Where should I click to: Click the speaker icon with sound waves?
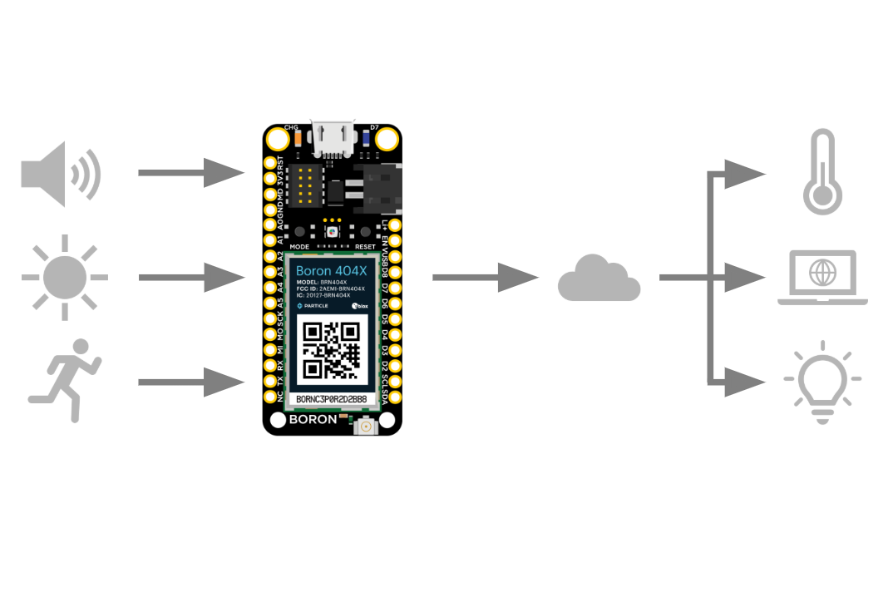(x=60, y=175)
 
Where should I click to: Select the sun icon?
(x=65, y=277)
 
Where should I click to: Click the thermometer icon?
(x=821, y=172)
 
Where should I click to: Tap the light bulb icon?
(x=822, y=382)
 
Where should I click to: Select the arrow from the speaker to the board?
(x=191, y=173)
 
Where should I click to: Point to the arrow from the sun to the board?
(x=191, y=277)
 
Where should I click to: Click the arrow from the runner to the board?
(x=191, y=382)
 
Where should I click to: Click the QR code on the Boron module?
(x=332, y=350)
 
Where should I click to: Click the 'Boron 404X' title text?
(x=331, y=271)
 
